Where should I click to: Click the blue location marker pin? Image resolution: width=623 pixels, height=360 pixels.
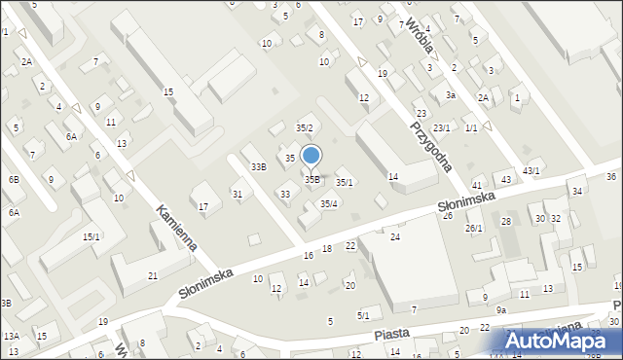(311, 156)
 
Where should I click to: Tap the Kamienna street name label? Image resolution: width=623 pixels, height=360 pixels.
(176, 228)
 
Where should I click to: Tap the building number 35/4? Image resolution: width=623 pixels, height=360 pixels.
(330, 203)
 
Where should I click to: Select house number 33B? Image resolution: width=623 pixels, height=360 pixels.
(258, 167)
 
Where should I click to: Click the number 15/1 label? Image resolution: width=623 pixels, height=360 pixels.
(91, 236)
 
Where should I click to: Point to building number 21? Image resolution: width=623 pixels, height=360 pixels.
(153, 276)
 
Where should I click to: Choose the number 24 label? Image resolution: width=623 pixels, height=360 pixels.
(395, 236)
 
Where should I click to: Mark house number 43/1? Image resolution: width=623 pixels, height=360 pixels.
(531, 171)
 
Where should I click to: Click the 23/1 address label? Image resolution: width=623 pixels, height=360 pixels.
(442, 127)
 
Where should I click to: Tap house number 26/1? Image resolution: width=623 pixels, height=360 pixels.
(474, 228)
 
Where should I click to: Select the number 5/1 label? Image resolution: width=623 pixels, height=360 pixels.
(363, 314)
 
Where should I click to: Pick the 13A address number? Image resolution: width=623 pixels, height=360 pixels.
(11, 336)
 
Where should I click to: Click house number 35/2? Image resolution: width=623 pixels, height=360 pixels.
(304, 128)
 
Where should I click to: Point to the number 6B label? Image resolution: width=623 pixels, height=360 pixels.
(14, 179)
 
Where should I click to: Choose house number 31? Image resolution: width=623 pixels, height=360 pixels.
(237, 195)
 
